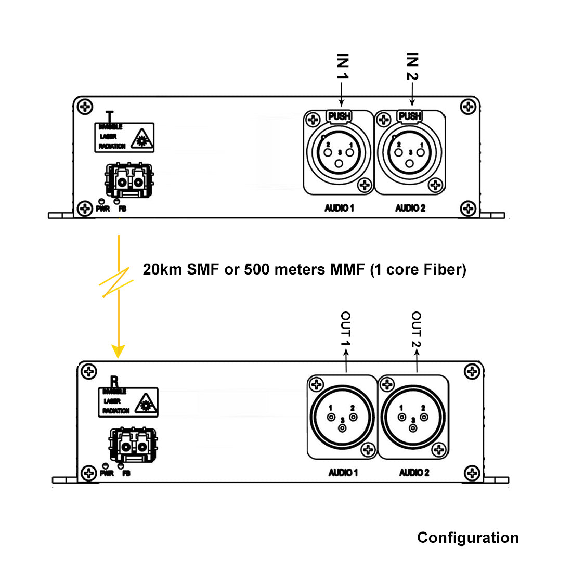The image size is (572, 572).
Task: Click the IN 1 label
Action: click(x=342, y=66)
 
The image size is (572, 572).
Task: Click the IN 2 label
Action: click(x=412, y=66)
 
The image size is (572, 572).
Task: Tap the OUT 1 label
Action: click(x=345, y=329)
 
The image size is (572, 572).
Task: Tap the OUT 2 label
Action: click(x=416, y=329)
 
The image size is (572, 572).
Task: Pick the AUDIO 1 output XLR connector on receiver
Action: click(x=342, y=417)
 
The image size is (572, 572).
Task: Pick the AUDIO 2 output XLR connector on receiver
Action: click(x=413, y=417)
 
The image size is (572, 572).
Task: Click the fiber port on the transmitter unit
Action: click(x=129, y=181)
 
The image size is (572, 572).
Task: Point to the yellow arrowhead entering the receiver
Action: click(x=119, y=351)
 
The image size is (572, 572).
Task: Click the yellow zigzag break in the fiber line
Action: click(x=116, y=282)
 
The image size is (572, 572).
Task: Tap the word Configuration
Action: click(x=467, y=538)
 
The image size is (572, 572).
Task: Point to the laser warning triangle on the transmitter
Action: click(x=141, y=139)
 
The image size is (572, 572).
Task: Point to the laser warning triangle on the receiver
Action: click(x=145, y=403)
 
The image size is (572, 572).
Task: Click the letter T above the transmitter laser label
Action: click(x=109, y=115)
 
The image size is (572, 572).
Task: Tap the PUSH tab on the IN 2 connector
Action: click(x=410, y=116)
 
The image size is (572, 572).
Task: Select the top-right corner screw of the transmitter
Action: click(x=469, y=107)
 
